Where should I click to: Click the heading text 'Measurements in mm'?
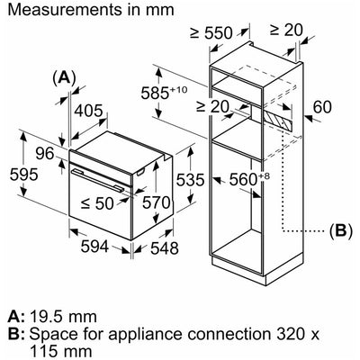tap(91, 10)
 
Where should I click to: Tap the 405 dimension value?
tap(88, 111)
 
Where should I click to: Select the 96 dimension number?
tap(45, 154)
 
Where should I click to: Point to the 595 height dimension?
tap(24, 175)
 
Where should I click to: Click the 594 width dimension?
tap(94, 247)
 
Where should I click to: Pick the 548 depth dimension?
tap(165, 248)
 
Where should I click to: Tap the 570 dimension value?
tap(156, 202)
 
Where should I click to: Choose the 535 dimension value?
tap(190, 180)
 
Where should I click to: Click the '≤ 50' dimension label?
tap(97, 203)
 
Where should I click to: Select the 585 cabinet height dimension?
tap(164, 93)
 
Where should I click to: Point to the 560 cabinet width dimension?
tap(249, 179)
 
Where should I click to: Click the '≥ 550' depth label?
tap(211, 32)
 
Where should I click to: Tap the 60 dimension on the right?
tap(322, 107)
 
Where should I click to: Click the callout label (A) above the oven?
tap(64, 77)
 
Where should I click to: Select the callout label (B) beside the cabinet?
tap(340, 230)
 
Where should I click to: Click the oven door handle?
tap(98, 180)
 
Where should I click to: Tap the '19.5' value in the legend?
tap(45, 317)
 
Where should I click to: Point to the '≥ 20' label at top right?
tap(286, 30)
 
